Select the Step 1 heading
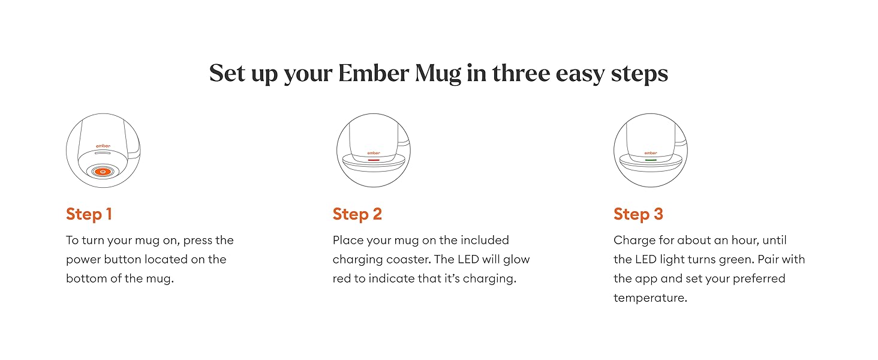[89, 214]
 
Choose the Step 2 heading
[357, 214]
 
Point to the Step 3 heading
[638, 214]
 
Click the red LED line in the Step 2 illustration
[373, 160]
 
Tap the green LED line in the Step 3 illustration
[650, 160]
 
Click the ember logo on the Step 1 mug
[103, 146]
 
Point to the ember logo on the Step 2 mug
[373, 153]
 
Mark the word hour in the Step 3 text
[745, 241]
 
